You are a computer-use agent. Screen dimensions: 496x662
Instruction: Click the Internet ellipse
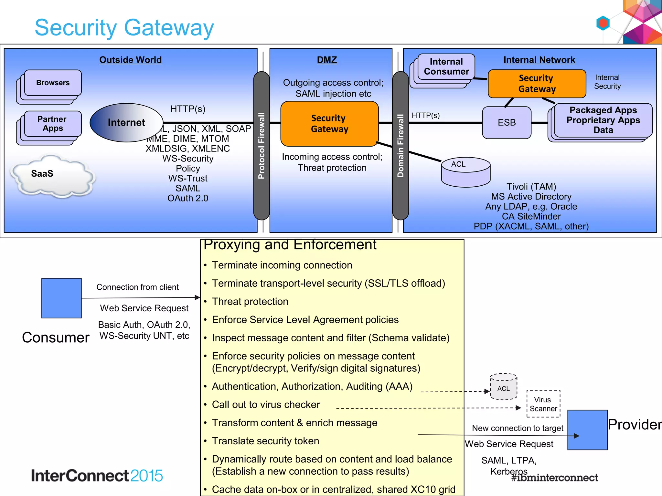[126, 123]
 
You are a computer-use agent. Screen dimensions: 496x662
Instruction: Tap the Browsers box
[53, 83]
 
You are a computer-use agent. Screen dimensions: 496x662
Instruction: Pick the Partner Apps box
[52, 124]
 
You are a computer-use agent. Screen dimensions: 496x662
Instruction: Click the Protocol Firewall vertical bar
[262, 145]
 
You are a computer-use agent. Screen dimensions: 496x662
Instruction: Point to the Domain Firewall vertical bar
[400, 145]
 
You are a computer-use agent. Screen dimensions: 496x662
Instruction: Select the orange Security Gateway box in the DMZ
[329, 124]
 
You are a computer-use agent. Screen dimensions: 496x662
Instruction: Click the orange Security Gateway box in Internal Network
[537, 84]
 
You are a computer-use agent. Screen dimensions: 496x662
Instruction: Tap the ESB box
[507, 123]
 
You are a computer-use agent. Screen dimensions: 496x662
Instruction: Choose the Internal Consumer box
[446, 67]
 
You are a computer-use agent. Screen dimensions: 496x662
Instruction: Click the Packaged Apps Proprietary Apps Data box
[603, 120]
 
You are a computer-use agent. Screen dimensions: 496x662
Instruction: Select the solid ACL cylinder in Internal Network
[466, 172]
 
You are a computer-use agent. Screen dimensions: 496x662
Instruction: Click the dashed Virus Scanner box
[543, 404]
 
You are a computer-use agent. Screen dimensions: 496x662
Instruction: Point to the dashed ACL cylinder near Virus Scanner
[503, 387]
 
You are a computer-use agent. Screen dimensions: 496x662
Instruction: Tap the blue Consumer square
[61, 298]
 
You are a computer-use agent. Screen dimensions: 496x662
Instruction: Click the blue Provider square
[587, 430]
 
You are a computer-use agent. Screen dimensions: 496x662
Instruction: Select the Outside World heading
[130, 60]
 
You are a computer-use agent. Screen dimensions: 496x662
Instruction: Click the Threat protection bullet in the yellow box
[250, 301]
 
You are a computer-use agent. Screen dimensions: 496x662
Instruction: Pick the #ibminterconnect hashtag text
[554, 478]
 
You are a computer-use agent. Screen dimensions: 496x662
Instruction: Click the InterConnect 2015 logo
[97, 476]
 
